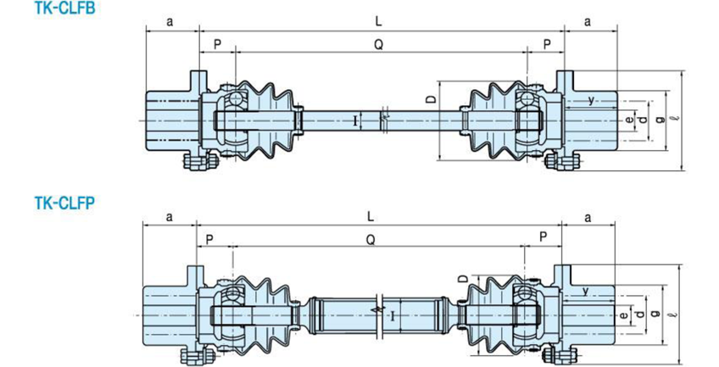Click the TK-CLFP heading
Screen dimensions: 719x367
[64, 203]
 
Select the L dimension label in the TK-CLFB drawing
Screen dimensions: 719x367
[378, 21]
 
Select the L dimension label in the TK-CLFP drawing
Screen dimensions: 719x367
[371, 216]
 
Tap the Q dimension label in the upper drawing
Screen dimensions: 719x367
[378, 44]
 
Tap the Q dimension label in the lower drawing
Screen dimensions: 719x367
[371, 239]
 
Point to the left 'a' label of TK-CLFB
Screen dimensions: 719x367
[170, 21]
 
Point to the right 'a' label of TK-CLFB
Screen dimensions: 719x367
[588, 21]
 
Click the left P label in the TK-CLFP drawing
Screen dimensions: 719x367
[209, 240]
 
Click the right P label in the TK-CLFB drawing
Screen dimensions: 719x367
[547, 44]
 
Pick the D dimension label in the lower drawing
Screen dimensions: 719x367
[463, 278]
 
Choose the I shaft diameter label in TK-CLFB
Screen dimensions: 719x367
[354, 121]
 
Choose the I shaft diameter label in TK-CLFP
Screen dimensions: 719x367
[393, 315]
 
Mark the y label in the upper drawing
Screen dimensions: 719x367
[591, 100]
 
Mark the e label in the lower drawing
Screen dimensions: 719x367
[623, 315]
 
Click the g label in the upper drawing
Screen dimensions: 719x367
[660, 119]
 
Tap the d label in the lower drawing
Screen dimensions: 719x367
[641, 314]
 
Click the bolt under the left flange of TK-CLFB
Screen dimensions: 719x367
[200, 162]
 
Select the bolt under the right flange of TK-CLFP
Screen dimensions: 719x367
[560, 355]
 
